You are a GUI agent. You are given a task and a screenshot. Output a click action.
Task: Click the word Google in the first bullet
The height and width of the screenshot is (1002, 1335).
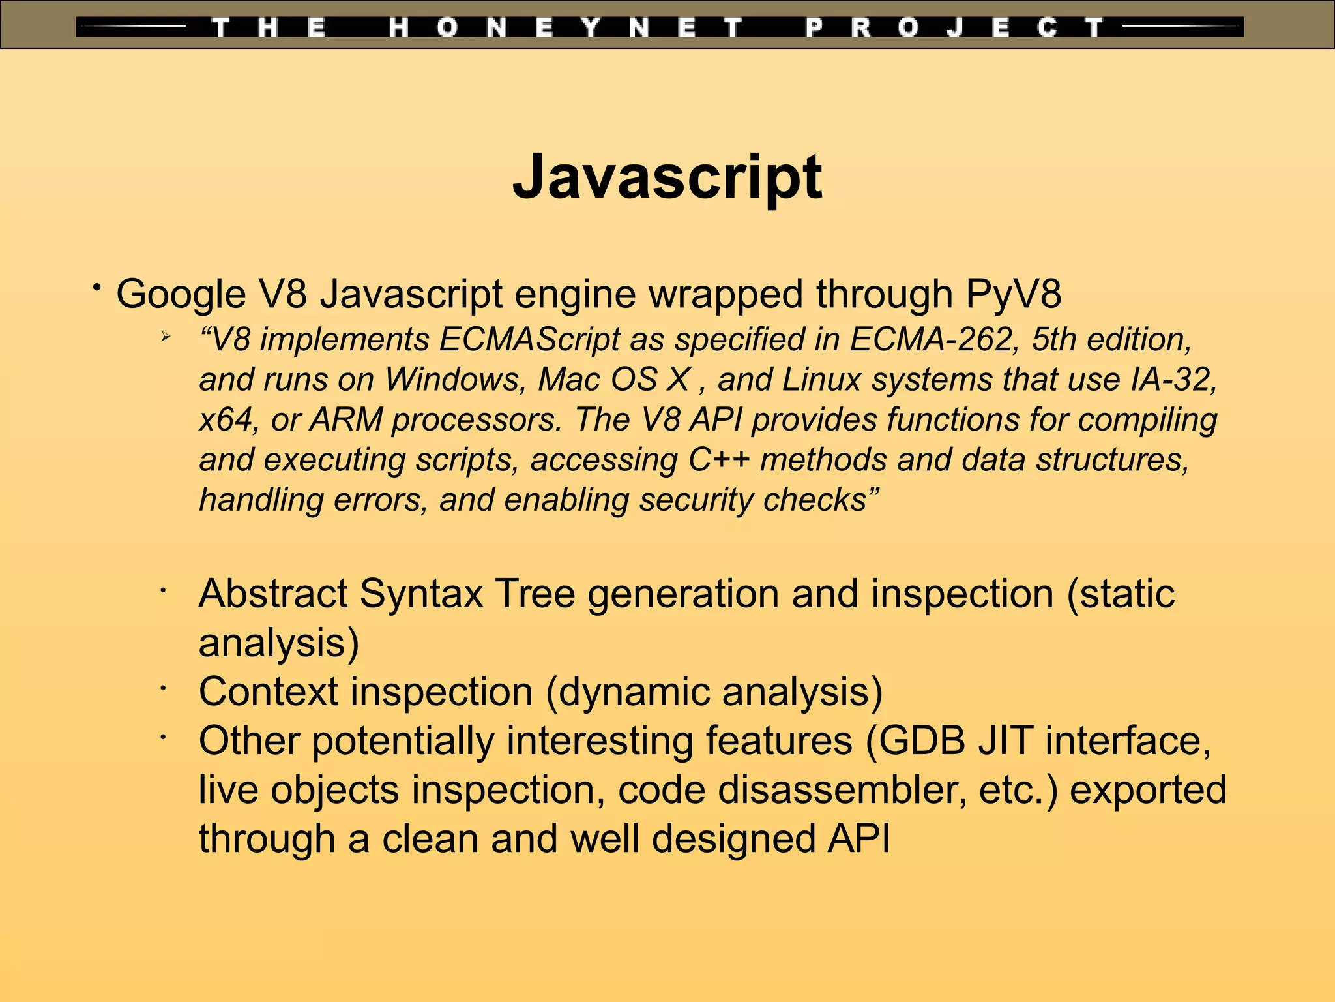pos(181,294)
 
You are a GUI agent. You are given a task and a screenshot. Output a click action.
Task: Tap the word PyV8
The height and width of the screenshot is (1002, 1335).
pos(1014,294)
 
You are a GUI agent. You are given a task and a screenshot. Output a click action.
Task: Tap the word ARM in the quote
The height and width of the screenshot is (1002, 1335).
pos(346,419)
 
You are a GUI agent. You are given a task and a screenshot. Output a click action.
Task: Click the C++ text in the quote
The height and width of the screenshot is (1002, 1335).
pos(719,460)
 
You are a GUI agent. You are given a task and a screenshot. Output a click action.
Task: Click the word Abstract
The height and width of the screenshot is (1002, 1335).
pos(273,594)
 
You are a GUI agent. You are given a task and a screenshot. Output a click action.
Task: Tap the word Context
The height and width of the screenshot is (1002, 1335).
pos(268,691)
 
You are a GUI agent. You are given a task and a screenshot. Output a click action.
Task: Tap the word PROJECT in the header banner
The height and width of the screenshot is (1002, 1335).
pos(953,28)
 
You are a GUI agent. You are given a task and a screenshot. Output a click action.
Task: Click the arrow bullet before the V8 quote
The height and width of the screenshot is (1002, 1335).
pos(166,337)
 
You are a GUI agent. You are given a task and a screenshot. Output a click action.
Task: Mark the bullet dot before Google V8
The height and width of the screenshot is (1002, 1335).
pos(96,287)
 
